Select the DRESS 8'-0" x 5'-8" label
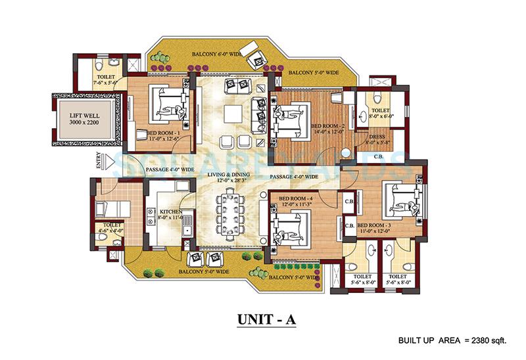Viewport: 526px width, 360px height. pos(375,141)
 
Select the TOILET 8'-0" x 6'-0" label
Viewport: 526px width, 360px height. pos(380,114)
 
